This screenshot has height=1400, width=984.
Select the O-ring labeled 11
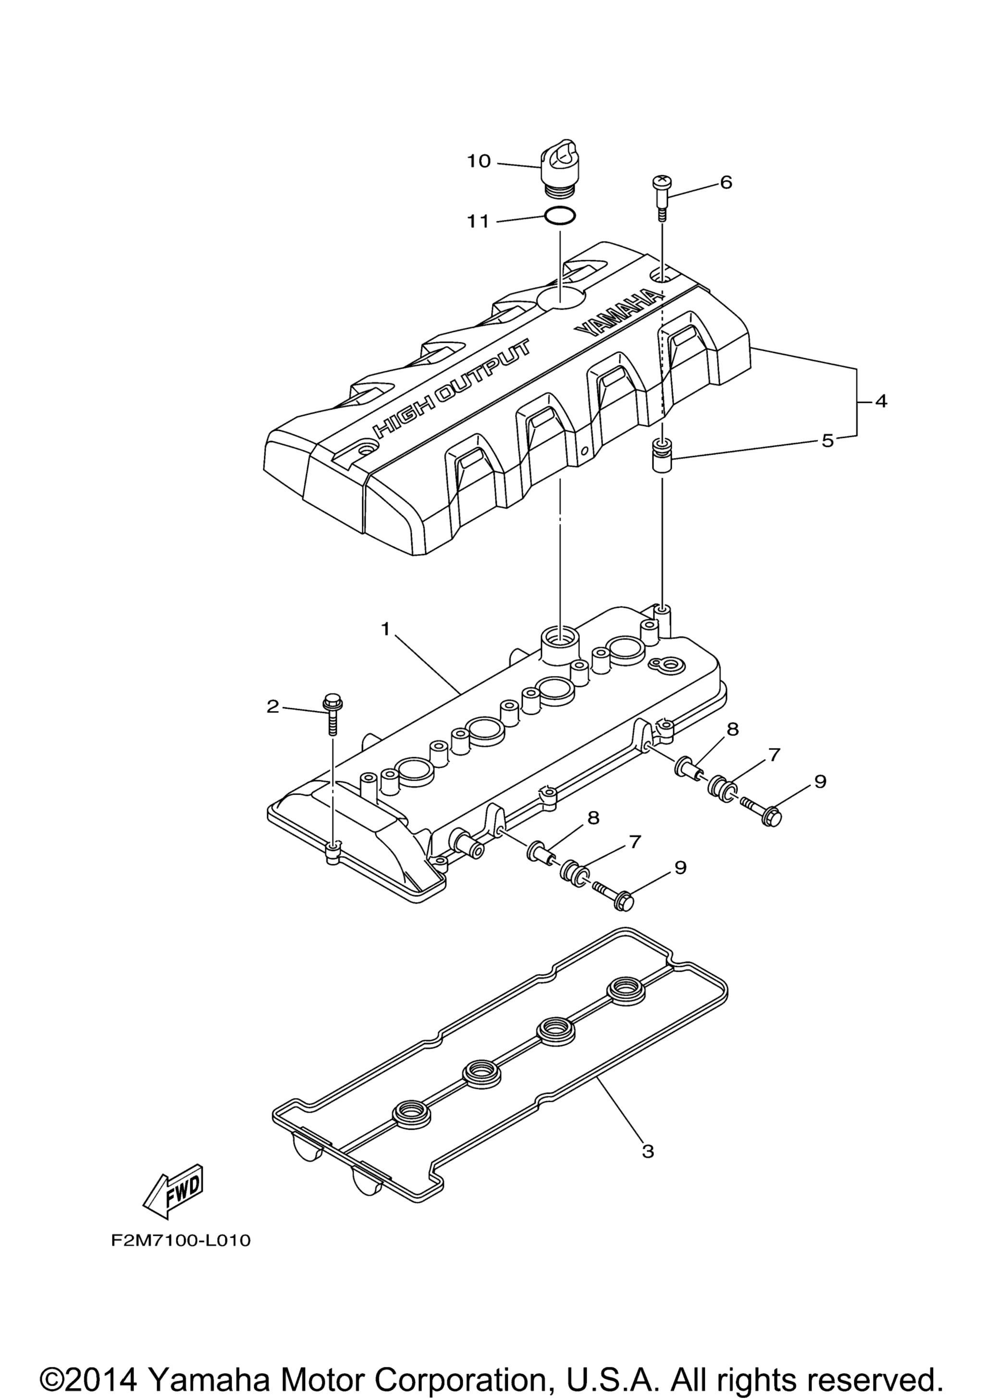coord(558,217)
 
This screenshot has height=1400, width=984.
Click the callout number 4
coord(880,401)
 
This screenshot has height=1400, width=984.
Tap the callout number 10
coord(479,162)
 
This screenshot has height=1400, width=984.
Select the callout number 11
coord(479,221)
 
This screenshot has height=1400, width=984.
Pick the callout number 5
coord(827,440)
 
